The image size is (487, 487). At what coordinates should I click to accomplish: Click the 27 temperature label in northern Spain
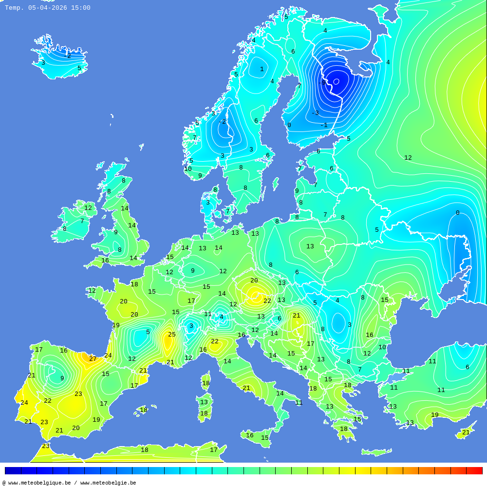pyautogui.click(x=93, y=359)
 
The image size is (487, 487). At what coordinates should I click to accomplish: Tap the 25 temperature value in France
pyautogui.click(x=172, y=335)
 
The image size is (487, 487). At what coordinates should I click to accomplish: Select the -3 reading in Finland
pyautogui.click(x=315, y=113)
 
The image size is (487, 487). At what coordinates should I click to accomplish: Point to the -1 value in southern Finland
pyautogui.click(x=324, y=125)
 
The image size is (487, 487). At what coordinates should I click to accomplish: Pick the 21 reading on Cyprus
pyautogui.click(x=466, y=432)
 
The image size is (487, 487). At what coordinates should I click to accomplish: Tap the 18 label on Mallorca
pyautogui.click(x=144, y=410)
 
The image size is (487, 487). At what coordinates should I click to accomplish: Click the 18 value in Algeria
pyautogui.click(x=145, y=450)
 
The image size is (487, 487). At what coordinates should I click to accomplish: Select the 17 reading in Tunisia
pyautogui.click(x=214, y=450)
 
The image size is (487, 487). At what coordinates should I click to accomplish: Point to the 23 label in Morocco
pyautogui.click(x=46, y=446)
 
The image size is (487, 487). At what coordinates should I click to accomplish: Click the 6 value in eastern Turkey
pyautogui.click(x=467, y=367)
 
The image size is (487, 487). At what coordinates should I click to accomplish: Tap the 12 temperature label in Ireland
pyautogui.click(x=88, y=208)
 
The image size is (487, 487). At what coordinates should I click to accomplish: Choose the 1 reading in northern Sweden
pyautogui.click(x=262, y=69)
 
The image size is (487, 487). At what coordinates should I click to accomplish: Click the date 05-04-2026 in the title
pyautogui.click(x=47, y=8)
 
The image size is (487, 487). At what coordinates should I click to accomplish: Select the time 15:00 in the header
pyautogui.click(x=80, y=8)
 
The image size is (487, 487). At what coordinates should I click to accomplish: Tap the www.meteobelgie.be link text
pyautogui.click(x=108, y=483)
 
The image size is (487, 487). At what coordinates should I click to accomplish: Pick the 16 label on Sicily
pyautogui.click(x=250, y=435)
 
